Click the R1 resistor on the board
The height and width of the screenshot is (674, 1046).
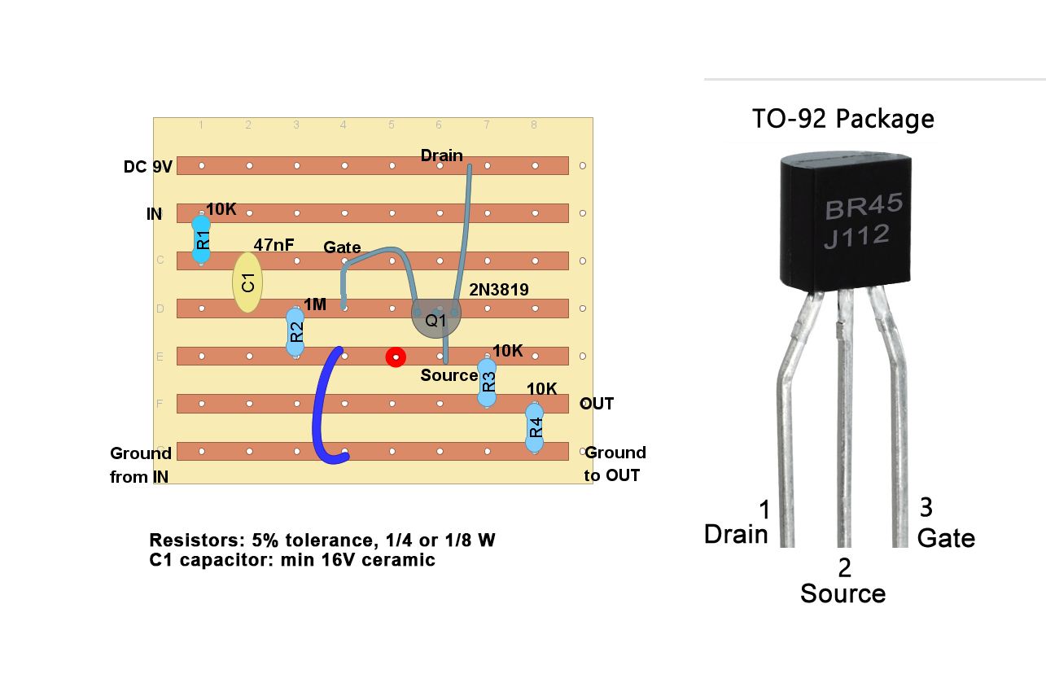tap(201, 239)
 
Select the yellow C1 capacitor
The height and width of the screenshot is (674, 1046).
tap(247, 282)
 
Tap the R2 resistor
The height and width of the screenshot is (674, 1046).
tap(295, 332)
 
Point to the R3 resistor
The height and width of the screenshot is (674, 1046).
tap(487, 381)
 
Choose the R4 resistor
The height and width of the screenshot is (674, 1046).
tap(534, 427)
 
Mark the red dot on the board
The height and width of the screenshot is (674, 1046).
tap(396, 357)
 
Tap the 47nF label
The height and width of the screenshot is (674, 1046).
tap(274, 244)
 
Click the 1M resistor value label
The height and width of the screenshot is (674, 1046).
tap(315, 304)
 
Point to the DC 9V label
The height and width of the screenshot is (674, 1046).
tap(147, 167)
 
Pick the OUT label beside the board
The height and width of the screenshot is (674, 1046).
tap(597, 404)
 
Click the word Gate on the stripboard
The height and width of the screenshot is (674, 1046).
tap(342, 247)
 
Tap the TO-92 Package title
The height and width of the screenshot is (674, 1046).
tap(842, 120)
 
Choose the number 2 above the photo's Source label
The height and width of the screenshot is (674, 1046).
tap(844, 567)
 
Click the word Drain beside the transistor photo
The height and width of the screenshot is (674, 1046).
tap(736, 534)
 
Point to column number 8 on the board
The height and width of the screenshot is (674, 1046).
tap(534, 125)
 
